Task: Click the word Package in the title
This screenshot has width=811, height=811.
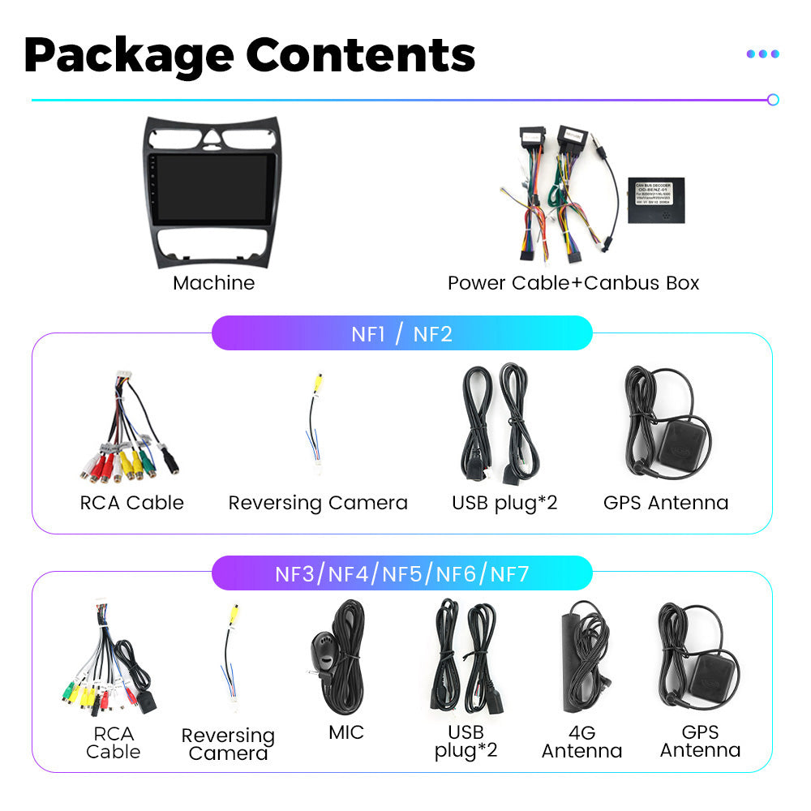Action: pyautogui.click(x=128, y=55)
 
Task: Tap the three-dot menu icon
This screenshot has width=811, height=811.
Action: pyautogui.click(x=762, y=54)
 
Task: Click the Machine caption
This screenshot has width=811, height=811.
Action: pyautogui.click(x=213, y=283)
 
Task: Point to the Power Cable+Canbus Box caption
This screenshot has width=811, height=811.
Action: pyautogui.click(x=573, y=283)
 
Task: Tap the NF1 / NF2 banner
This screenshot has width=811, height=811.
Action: pyautogui.click(x=401, y=333)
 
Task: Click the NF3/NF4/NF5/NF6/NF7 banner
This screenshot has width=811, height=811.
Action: pyautogui.click(x=401, y=574)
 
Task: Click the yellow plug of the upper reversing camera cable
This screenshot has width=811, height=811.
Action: pyautogui.click(x=320, y=381)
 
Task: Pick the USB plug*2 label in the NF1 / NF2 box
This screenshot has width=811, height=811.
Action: pyautogui.click(x=504, y=503)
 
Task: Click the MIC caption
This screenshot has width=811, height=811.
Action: pyautogui.click(x=346, y=732)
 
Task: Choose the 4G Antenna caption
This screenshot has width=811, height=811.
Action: pyautogui.click(x=581, y=741)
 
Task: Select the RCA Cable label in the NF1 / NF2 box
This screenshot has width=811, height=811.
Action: pyautogui.click(x=131, y=503)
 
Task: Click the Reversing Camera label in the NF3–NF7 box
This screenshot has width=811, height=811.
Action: pyautogui.click(x=228, y=744)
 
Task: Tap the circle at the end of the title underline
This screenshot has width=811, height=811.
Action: pyautogui.click(x=773, y=100)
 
